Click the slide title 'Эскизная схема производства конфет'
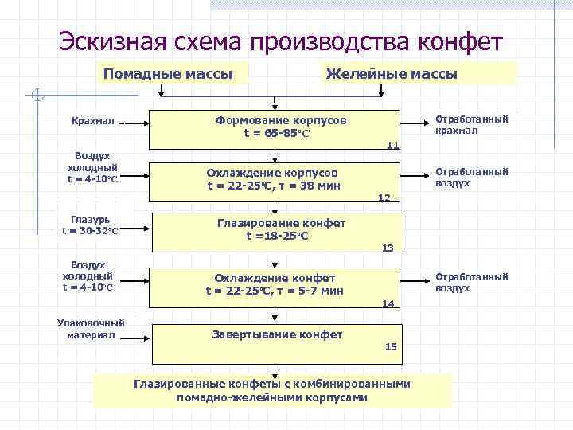tap(281, 41)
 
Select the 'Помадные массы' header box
tap(167, 74)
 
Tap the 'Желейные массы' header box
tap(392, 74)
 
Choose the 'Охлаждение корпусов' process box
tap(275, 179)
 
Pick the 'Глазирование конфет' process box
tap(275, 230)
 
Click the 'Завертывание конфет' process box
tap(275, 336)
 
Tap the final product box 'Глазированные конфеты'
tap(272, 390)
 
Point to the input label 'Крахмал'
tap(92, 122)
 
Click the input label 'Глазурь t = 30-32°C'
tap(91, 225)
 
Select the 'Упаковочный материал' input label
tap(92, 329)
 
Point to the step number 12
tap(384, 197)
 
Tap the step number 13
tap(388, 248)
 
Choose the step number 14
tap(388, 303)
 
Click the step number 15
tap(391, 346)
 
